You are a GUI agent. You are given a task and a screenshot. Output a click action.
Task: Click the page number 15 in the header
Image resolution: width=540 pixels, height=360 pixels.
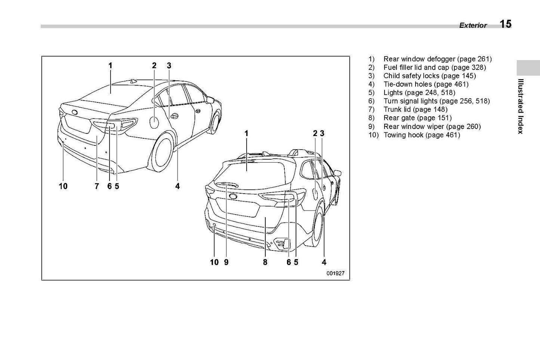(505, 24)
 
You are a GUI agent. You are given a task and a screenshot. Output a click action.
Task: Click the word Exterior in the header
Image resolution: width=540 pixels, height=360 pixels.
(473, 25)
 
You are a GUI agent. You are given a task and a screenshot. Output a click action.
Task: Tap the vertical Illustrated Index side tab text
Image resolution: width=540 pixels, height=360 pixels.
(520, 106)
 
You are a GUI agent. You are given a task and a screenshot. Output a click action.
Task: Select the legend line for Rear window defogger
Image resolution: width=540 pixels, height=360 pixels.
(430, 59)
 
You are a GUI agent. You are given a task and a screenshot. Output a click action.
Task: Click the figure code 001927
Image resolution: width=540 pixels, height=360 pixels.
(335, 273)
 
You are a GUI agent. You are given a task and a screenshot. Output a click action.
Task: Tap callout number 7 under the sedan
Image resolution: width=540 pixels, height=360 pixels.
(97, 186)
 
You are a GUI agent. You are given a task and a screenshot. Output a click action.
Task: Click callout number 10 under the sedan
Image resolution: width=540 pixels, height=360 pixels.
(63, 186)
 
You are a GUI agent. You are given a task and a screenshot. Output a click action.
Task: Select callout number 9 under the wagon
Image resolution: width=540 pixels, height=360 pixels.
(226, 262)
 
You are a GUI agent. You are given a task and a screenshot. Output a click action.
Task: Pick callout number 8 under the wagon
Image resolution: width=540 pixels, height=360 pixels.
(265, 262)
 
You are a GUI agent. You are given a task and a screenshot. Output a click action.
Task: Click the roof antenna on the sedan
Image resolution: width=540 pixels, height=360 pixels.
(133, 81)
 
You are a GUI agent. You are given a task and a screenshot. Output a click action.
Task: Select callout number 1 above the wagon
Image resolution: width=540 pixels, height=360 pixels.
(246, 133)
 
